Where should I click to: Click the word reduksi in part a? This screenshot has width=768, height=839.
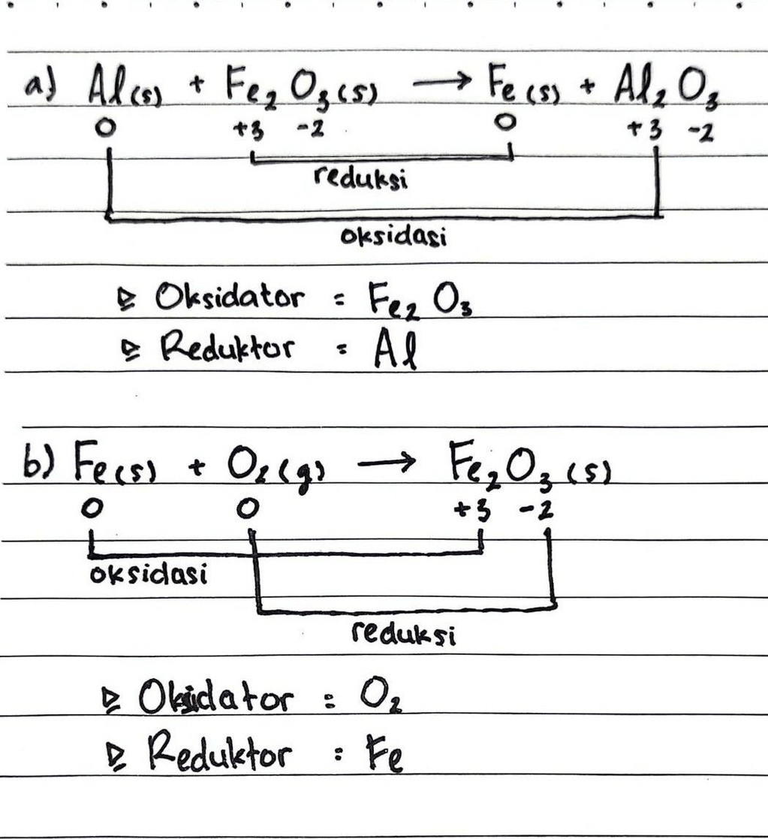(361, 179)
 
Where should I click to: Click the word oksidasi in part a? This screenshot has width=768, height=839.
(393, 237)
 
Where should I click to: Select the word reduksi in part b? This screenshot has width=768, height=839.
(404, 635)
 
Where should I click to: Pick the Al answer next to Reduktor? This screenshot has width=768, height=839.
(395, 352)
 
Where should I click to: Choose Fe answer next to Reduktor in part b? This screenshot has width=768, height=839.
(384, 755)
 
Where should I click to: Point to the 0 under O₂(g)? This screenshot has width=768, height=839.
(245, 509)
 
